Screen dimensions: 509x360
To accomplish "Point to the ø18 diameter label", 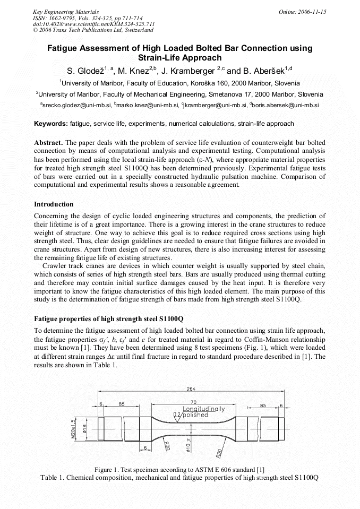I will click(x=85, y=429).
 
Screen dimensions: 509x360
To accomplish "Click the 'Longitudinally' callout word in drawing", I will click(x=204, y=409).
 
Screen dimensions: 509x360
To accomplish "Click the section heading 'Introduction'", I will click(x=54, y=204).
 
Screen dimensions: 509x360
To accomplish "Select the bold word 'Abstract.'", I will click(x=49, y=143).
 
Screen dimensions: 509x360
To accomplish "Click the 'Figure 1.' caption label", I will click(x=109, y=470).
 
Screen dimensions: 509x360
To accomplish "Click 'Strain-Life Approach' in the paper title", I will click(x=179, y=58).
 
